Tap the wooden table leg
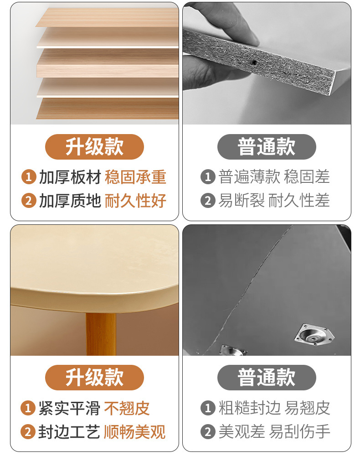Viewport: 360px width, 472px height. coord(101,332)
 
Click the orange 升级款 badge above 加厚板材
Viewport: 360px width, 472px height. coord(94,147)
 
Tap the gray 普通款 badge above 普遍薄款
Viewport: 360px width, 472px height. coord(267,147)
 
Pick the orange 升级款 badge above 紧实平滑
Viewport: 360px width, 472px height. coord(94,378)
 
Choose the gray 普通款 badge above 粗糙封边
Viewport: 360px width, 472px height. coord(267,378)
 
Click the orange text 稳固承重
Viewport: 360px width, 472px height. coord(135,177)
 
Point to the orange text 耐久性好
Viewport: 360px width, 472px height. coord(135,201)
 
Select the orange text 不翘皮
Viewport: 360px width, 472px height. coord(127,408)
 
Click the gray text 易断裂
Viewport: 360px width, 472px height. coord(242,201)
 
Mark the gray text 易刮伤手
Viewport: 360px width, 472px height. coord(299,432)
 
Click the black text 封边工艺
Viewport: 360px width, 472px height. coord(69,432)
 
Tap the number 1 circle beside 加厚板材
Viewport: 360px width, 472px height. coord(28,177)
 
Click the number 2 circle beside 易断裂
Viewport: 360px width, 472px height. coord(208,201)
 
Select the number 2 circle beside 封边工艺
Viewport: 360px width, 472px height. coord(28,432)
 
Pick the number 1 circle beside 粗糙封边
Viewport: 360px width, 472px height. coord(208,408)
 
